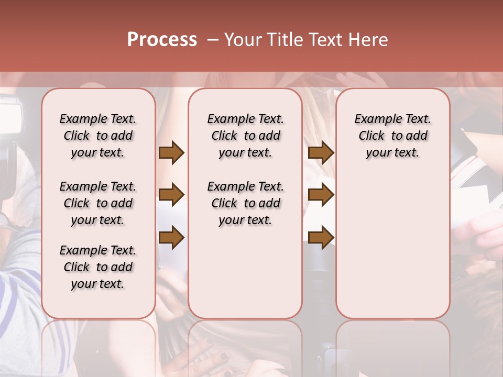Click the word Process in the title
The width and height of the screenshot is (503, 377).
[162, 40]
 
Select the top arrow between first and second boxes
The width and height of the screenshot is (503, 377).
[171, 153]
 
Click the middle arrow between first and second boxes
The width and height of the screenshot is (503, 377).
[171, 195]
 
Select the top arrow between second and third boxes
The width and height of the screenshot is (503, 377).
[321, 153]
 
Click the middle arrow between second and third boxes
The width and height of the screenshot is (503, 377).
[321, 195]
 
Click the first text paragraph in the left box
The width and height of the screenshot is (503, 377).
[98, 136]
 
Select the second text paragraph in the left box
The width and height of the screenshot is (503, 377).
[98, 203]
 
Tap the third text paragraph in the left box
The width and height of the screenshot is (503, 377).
[98, 267]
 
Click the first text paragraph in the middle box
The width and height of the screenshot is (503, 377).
[246, 136]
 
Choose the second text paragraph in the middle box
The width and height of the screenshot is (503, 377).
[246, 203]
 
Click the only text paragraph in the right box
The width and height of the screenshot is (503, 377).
[393, 136]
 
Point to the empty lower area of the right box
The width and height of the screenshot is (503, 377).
[393, 246]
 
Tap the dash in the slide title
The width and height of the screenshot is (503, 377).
[213, 40]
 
